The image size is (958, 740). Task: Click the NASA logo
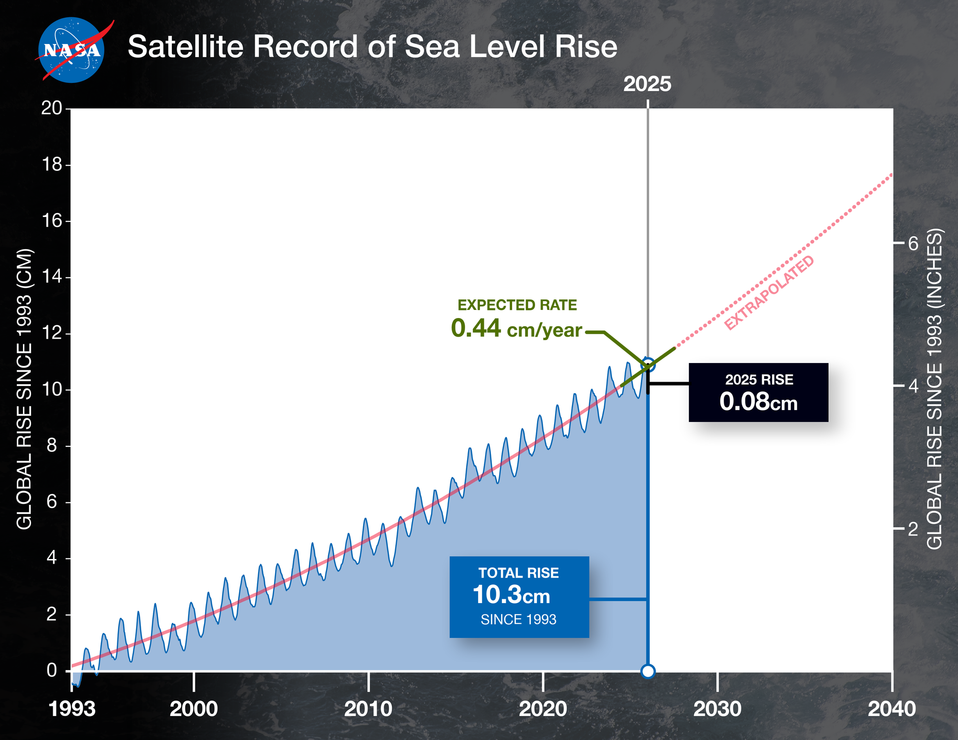72,50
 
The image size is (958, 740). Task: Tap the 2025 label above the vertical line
647,84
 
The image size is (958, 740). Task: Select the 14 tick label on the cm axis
52,277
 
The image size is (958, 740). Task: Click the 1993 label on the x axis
72,709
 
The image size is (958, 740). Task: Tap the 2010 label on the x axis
368,709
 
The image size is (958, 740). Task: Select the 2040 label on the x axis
891,709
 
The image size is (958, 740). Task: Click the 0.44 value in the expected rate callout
476,329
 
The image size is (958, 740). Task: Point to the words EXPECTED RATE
517,305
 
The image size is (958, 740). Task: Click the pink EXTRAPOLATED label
769,293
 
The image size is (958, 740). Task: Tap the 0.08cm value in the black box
758,401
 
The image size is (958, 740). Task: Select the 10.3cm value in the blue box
511,595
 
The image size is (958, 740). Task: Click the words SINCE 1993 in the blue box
518,620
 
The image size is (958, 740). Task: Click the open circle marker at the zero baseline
648,672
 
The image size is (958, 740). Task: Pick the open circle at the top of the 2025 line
648,364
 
